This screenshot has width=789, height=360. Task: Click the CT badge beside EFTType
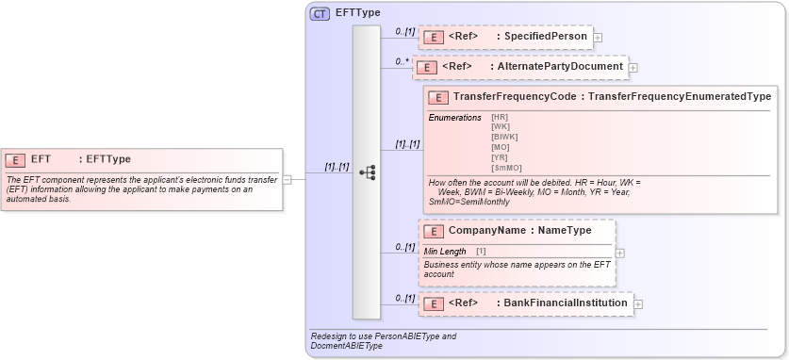point(320,14)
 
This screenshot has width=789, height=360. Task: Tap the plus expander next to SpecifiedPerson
point(598,38)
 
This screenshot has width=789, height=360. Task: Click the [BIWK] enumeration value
point(504,137)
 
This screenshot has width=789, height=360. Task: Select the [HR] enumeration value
point(500,116)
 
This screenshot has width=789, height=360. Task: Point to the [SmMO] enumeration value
point(506,168)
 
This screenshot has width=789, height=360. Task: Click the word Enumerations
point(454,117)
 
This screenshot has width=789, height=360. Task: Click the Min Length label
point(445,251)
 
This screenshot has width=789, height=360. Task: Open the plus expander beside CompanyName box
point(619,253)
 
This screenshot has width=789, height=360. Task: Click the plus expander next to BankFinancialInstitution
point(638,303)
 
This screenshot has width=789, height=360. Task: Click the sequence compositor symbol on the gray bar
point(367,172)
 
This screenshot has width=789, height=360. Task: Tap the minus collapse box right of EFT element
point(287,178)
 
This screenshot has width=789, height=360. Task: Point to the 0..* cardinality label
point(403,61)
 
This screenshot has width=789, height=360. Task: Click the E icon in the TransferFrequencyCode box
point(436,97)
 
